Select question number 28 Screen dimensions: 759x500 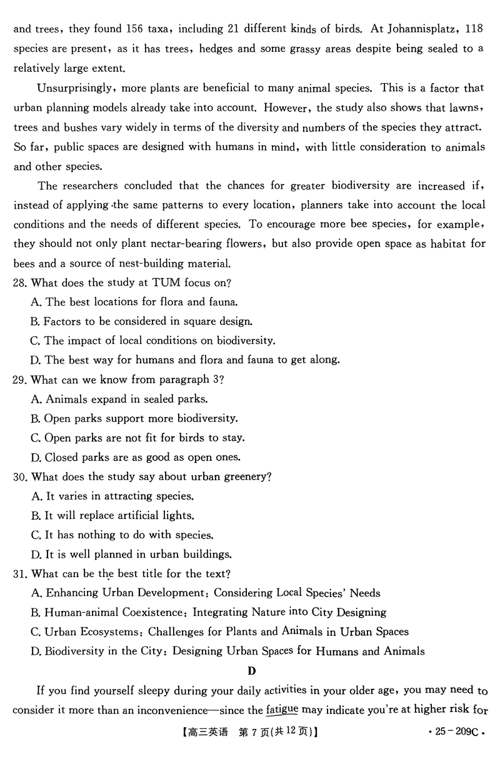tap(21, 283)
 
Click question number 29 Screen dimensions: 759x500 tap(21, 379)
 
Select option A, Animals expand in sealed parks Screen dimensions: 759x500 tap(119, 399)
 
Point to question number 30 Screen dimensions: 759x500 tap(21, 477)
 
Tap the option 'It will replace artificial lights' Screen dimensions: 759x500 tap(119, 516)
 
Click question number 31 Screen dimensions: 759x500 tap(21, 574)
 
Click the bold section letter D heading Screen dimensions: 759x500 tap(251, 671)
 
